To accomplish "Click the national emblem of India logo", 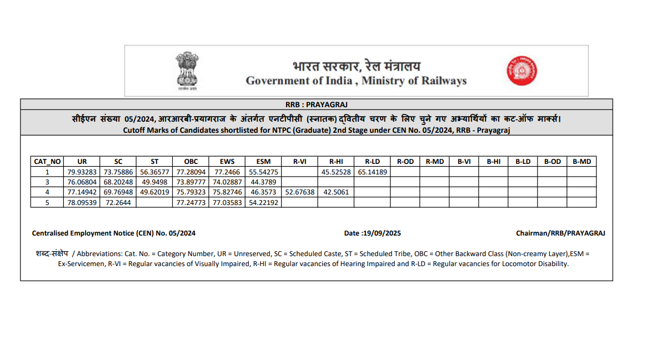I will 188,71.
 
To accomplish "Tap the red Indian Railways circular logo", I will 521,71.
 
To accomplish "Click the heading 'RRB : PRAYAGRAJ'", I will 316,104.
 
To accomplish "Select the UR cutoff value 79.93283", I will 82,172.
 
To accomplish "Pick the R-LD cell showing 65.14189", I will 372,172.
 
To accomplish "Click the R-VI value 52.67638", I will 299,192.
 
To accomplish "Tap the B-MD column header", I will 581,162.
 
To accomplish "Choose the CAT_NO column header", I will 47,162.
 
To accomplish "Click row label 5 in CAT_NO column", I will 47,202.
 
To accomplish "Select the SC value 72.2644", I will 118,202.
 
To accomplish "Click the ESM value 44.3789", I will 263,182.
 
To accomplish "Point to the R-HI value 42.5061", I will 335,192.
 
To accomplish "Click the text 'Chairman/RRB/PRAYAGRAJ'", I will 560,233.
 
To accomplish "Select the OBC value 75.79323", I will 191,192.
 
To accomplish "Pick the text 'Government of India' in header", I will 299,81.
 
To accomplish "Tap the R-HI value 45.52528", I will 335,172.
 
